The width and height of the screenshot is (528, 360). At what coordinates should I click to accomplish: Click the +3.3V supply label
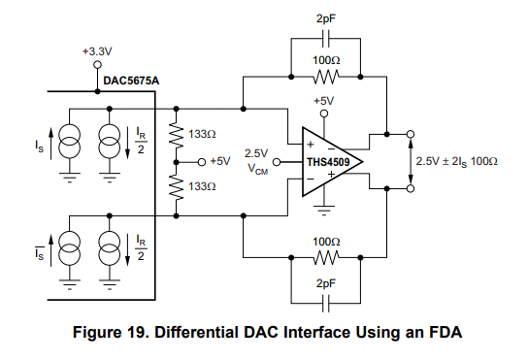pyautogui.click(x=97, y=51)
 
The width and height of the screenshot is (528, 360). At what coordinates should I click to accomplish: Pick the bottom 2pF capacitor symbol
pyautogui.click(x=325, y=300)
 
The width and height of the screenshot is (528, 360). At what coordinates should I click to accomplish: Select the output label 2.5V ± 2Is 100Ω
pyautogui.click(x=459, y=161)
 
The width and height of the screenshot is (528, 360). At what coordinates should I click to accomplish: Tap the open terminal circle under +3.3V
pyautogui.click(x=97, y=65)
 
